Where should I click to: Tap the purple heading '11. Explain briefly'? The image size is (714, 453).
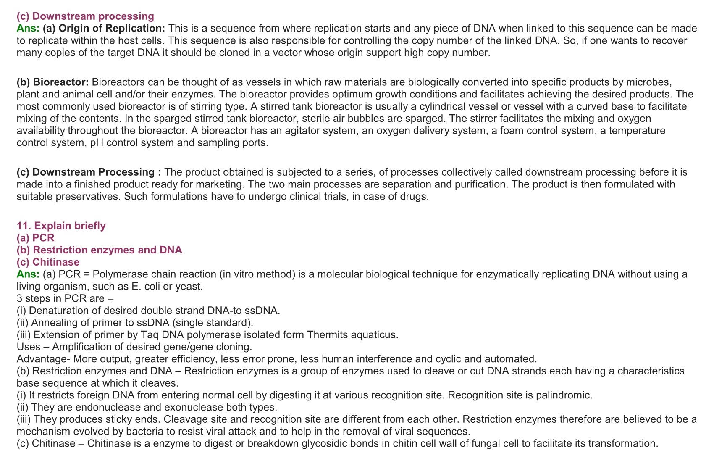pyautogui.click(x=61, y=226)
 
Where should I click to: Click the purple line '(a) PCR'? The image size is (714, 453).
pyautogui.click(x=36, y=238)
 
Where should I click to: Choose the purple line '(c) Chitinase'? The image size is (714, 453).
pyautogui.click(x=48, y=262)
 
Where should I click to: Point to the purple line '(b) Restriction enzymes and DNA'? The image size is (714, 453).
pyautogui.click(x=99, y=250)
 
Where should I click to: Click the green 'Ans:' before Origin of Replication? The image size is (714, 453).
pyautogui.click(x=28, y=29)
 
